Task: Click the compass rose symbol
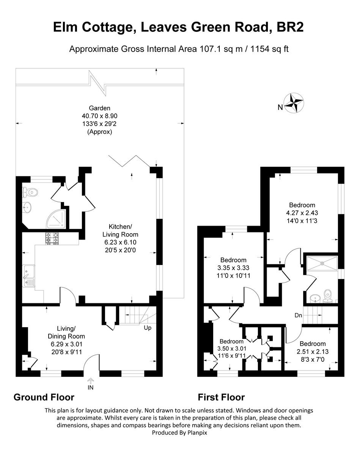tap(294, 102)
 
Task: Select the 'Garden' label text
tap(100, 108)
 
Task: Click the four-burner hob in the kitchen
tap(52, 238)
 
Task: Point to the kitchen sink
tap(28, 276)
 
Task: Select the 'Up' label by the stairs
tap(148, 328)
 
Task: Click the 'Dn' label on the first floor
tap(299, 315)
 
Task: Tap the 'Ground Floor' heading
tap(44, 397)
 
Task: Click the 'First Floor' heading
tap(221, 397)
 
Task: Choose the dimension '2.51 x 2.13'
tap(313, 351)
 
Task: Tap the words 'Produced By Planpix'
tap(179, 432)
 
